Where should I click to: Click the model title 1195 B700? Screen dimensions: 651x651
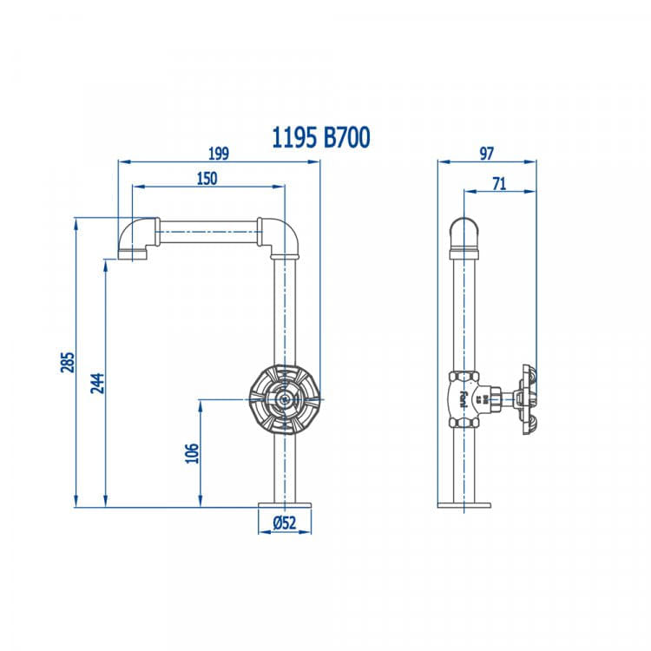(x=320, y=138)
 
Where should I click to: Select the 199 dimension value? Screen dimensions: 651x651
(x=219, y=154)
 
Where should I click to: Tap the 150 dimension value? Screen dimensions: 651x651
(x=207, y=179)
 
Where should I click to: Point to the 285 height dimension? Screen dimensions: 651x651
(x=67, y=362)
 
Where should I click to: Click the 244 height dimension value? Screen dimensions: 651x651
(x=97, y=383)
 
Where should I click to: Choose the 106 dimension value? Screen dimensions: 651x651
(x=192, y=453)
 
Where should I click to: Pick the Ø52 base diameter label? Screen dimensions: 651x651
(x=285, y=523)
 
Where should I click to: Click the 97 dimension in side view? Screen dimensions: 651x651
(x=487, y=154)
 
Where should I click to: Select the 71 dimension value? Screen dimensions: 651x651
(x=499, y=183)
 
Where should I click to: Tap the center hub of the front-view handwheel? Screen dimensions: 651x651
(x=285, y=399)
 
